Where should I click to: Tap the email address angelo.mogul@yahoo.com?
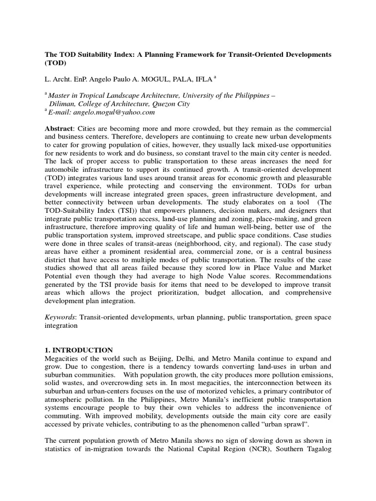click(113, 112)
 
